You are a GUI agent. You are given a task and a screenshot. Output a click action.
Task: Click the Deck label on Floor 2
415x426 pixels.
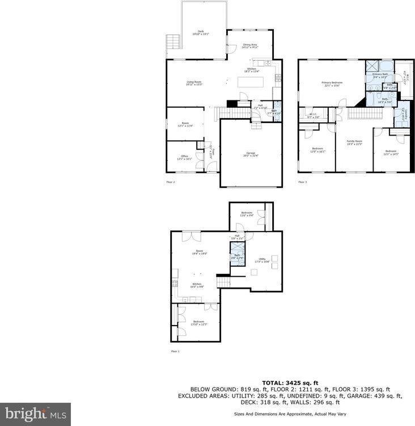click(200, 32)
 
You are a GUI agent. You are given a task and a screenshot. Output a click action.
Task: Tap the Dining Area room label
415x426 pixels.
click(250, 46)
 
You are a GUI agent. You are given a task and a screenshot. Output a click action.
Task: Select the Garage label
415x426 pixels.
click(251, 154)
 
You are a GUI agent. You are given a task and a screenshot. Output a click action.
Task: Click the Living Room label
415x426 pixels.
click(194, 83)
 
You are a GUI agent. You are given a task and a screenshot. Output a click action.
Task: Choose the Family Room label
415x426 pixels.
click(354, 142)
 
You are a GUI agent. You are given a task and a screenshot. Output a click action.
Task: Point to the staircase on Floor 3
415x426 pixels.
click(358, 115)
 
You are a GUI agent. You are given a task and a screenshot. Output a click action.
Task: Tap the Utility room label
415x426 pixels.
click(262, 260)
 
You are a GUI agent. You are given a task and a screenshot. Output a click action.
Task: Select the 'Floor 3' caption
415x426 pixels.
click(303, 182)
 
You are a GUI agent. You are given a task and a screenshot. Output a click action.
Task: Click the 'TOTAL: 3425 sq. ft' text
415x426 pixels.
click(290, 383)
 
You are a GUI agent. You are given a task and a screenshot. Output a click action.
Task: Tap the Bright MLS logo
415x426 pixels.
click(35, 414)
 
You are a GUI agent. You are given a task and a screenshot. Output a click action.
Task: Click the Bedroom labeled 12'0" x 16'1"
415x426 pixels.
click(317, 151)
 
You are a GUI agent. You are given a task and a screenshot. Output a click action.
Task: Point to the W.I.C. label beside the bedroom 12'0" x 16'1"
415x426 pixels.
click(314, 116)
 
